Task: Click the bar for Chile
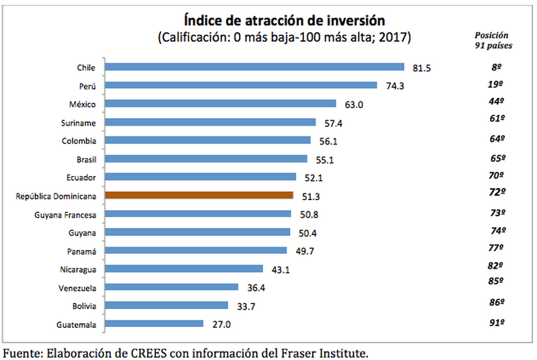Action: click(255, 67)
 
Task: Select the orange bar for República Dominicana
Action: click(200, 195)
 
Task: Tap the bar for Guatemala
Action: click(155, 324)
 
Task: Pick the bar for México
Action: click(221, 103)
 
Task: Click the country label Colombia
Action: click(79, 140)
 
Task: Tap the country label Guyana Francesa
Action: click(64, 214)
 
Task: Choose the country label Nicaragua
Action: click(77, 269)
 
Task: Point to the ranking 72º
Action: click(496, 191)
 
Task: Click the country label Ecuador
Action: click(81, 177)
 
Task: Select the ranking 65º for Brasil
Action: click(496, 159)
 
